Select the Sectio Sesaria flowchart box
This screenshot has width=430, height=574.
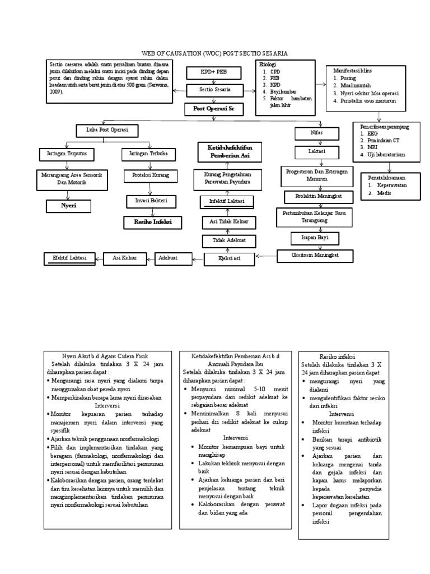[214, 90]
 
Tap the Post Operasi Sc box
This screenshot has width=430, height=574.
[214, 109]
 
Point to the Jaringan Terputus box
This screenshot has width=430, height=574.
[63, 153]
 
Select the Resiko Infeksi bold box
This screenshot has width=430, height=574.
[148, 222]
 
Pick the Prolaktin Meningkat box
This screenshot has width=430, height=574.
[320, 196]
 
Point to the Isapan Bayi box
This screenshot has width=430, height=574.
[317, 238]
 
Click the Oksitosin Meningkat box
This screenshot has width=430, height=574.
[316, 256]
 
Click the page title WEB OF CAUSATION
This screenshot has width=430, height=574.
[216, 53]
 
